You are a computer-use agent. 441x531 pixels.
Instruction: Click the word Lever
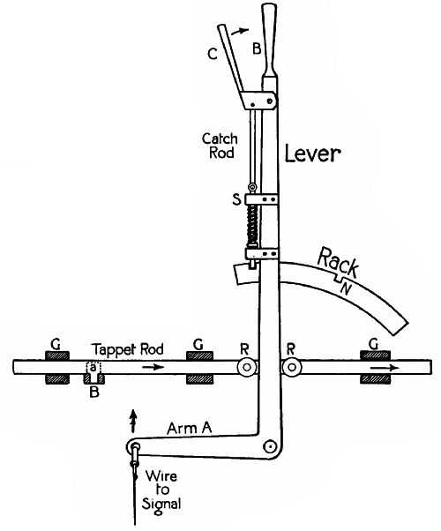click(312, 155)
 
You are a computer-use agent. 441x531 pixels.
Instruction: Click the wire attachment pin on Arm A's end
click(134, 447)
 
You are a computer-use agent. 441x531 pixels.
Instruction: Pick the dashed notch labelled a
click(91, 368)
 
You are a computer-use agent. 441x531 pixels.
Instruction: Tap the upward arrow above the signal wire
click(134, 415)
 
